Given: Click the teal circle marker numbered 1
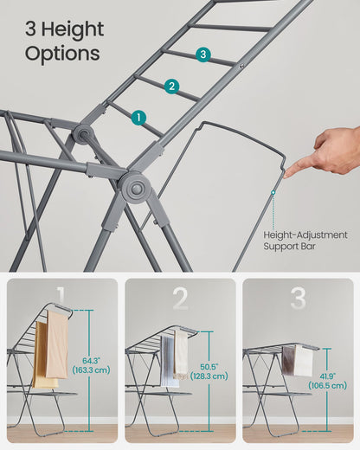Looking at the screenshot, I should (139, 117).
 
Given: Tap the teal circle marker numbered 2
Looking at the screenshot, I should (171, 86).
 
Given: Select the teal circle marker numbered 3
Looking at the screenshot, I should (202, 55).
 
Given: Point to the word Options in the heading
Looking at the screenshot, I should (61, 54).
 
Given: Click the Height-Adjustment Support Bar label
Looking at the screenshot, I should (305, 241).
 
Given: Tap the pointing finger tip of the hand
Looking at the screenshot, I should (287, 172).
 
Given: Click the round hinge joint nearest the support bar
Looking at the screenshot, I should (135, 187).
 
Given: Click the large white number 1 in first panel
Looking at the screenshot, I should (61, 299).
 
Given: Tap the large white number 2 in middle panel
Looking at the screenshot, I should (180, 299).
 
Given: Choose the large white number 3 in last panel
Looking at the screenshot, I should (298, 299).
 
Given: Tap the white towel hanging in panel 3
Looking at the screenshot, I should (303, 359).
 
